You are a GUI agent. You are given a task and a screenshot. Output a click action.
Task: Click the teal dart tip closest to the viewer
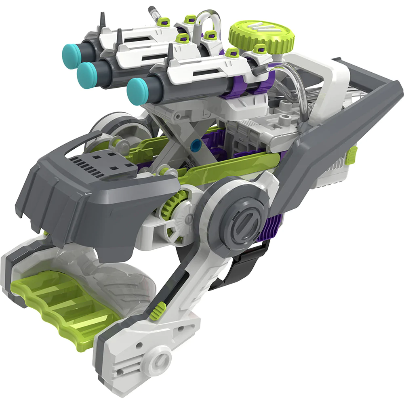coord(137,91)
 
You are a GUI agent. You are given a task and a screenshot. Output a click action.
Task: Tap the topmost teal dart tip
coord(72,52)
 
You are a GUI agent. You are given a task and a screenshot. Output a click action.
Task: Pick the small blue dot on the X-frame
coord(196,143)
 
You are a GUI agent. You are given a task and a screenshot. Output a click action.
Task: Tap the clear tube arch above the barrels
coord(210,20)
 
